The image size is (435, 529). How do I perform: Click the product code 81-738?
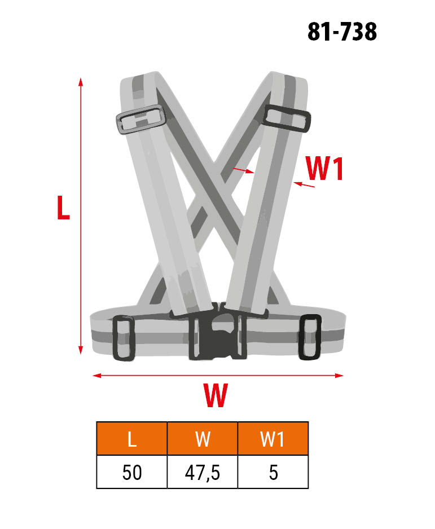(342, 32)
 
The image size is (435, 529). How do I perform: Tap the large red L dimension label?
(63, 208)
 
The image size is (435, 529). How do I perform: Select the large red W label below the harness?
(216, 395)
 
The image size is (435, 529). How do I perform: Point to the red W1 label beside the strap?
(324, 169)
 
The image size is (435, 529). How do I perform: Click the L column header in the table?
(132, 439)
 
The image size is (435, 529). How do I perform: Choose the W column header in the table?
(203, 439)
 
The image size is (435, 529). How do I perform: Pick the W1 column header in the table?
(273, 439)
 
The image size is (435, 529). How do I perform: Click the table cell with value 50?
(132, 472)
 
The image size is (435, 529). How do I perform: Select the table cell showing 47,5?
(203, 472)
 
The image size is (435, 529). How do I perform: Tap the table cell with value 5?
(273, 472)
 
